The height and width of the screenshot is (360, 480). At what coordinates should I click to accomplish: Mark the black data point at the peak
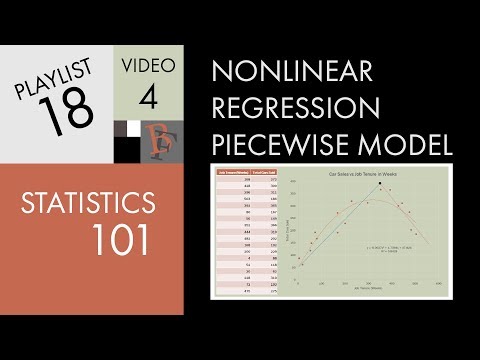[380, 184]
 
